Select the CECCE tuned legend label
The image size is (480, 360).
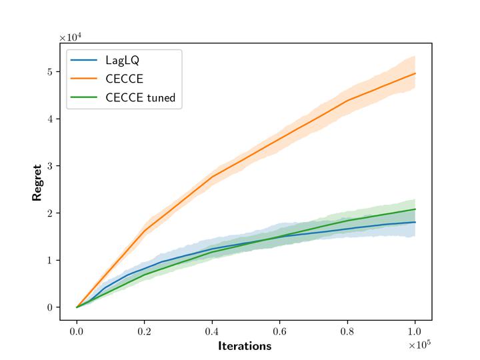(140, 97)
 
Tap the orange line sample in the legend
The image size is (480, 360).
(85, 79)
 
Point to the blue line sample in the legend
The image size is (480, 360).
(85, 61)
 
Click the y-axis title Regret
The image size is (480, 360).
(37, 182)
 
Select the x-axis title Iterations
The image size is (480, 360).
(245, 346)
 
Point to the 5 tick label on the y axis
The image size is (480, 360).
(49, 72)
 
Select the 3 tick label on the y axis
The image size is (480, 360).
(49, 166)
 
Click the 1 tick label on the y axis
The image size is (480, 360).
(49, 260)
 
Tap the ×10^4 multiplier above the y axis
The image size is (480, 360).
(71, 37)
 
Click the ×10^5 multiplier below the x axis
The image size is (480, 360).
(419, 344)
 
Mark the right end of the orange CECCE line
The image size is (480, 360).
(415, 73)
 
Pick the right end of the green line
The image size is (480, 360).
(415, 209)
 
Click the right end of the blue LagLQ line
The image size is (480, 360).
(415, 222)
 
